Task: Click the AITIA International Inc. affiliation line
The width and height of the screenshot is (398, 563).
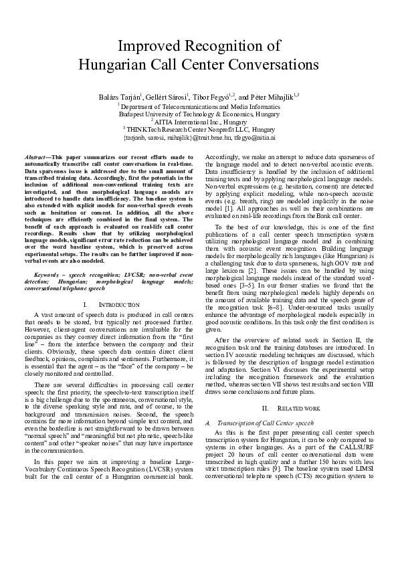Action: click(x=199, y=122)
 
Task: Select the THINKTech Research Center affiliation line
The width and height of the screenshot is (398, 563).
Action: click(x=199, y=130)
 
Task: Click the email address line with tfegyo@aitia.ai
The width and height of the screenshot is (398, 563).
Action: click(x=199, y=138)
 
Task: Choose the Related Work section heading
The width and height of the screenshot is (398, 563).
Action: click(x=290, y=407)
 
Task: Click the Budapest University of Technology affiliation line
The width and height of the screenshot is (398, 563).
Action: click(x=199, y=114)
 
